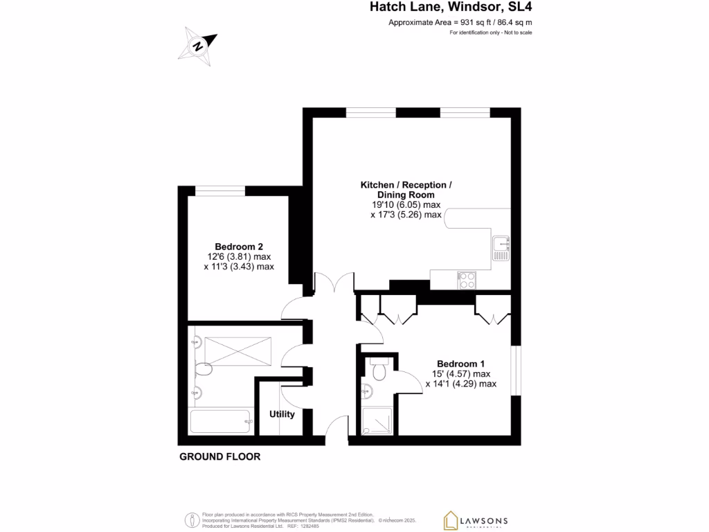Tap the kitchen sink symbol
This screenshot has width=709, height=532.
tap(501, 248)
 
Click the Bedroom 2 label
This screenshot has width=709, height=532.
tap(238, 247)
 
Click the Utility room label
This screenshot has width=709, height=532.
tap(282, 414)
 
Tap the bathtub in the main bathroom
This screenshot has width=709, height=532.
tap(219, 421)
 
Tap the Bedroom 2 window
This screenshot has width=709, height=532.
tap(220, 190)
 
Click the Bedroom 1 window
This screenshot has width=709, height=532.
tap(516, 371)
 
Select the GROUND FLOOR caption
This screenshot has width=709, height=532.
tap(219, 456)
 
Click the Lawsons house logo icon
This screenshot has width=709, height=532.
tap(451, 520)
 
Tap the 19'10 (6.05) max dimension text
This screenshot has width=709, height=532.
tap(406, 205)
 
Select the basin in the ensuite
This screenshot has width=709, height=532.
tap(366, 392)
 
